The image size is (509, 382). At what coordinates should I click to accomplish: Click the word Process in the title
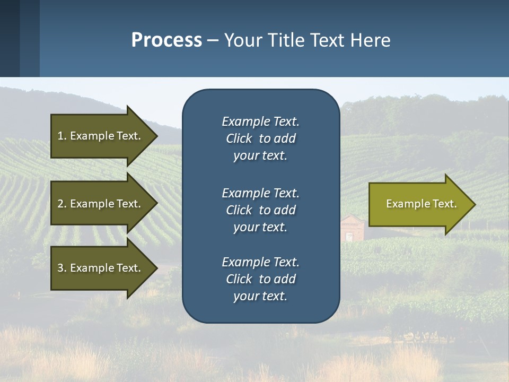(x=166, y=40)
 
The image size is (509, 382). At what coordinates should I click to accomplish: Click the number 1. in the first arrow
(x=62, y=136)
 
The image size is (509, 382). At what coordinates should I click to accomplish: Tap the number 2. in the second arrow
(x=62, y=204)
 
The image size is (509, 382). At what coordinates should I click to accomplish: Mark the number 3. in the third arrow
(x=62, y=268)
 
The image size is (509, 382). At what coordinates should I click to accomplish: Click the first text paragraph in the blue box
(x=260, y=138)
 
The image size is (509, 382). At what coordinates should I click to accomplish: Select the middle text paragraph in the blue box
(x=260, y=210)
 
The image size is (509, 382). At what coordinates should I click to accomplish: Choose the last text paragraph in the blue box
(x=260, y=279)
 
